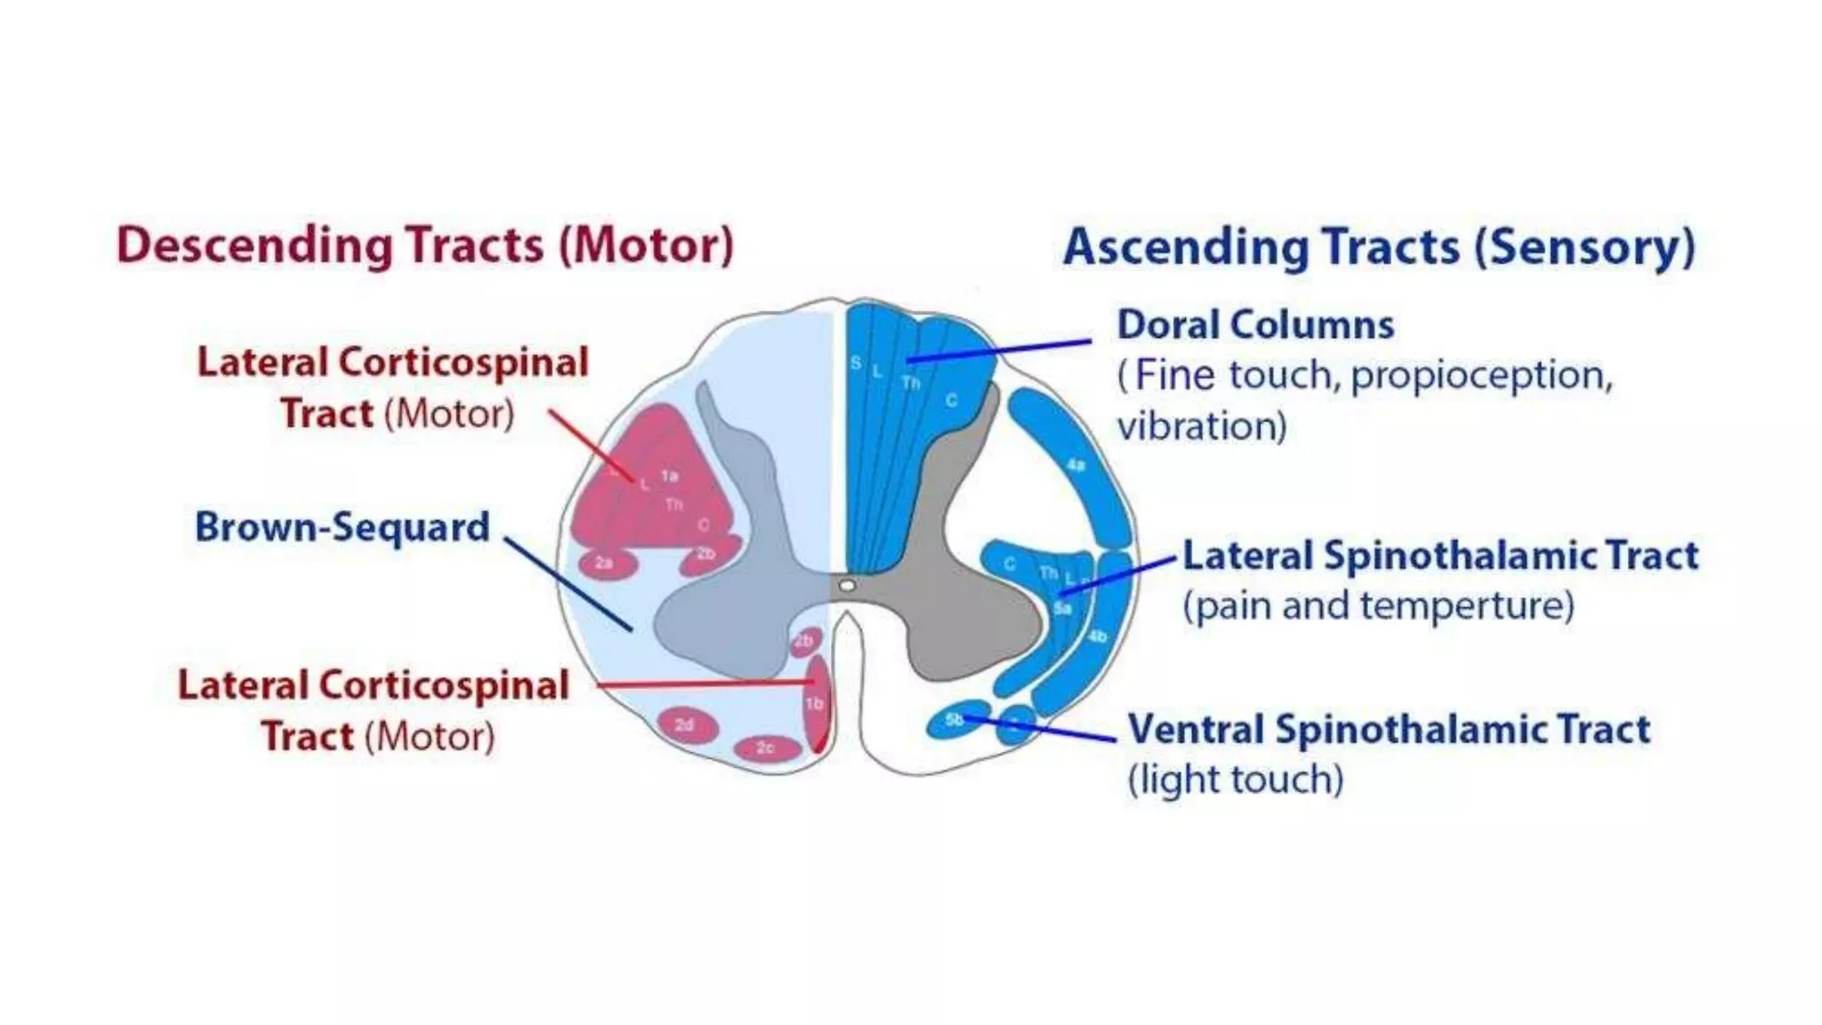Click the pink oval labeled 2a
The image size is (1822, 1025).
coord(607,563)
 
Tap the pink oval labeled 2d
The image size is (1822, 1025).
coord(687,724)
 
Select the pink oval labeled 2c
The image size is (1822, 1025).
coord(767,747)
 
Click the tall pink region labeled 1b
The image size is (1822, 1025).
coord(816,703)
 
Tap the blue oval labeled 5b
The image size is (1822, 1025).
coord(955,720)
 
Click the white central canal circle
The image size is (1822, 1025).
coord(847,585)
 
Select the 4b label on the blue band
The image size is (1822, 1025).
coord(1098,637)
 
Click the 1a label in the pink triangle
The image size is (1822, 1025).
coord(669,476)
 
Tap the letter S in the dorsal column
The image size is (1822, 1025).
coord(856,363)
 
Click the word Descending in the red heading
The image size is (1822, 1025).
coord(254,246)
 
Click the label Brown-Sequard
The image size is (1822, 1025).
coord(343,527)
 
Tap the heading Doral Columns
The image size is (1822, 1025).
coord(1255,325)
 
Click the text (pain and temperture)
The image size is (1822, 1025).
coord(1378,606)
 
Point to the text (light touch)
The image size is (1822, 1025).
coord(1236,779)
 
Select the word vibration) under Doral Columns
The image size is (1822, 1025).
coord(1202,426)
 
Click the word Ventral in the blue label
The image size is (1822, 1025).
coord(1196,730)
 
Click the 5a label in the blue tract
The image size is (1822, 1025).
coord(1062,609)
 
